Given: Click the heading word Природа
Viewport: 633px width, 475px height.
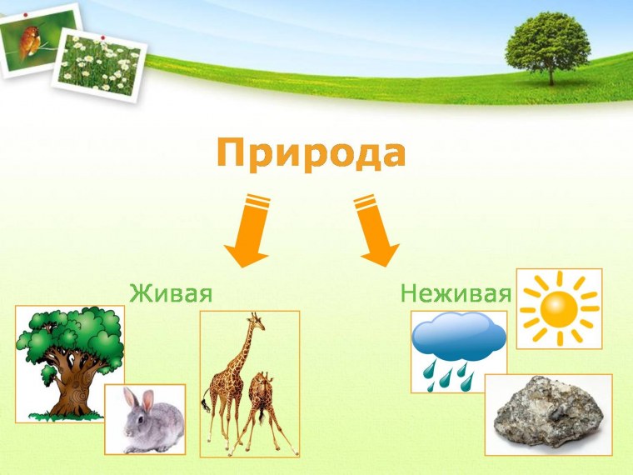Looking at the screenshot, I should (x=311, y=154).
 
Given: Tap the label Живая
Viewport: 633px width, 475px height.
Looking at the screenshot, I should (x=171, y=293).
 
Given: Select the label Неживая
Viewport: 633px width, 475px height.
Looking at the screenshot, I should (x=455, y=293).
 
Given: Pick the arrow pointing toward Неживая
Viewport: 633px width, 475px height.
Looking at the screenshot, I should (x=376, y=232).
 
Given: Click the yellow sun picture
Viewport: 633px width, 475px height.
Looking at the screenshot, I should (x=559, y=308).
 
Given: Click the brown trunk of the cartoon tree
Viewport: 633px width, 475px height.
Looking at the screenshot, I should (x=71, y=383).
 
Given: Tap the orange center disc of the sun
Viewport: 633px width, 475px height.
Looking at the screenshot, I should (x=559, y=308).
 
